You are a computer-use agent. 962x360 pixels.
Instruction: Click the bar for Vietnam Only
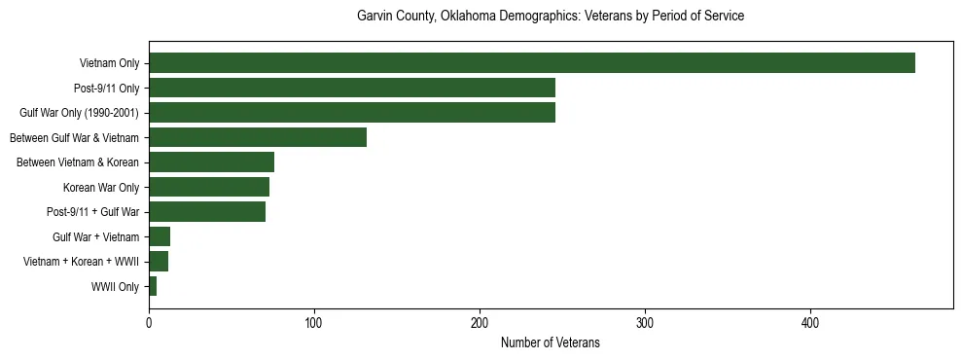coord(531,63)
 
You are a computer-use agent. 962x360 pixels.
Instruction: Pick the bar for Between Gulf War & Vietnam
coord(258,137)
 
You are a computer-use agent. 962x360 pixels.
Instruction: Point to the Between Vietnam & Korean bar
coord(211,162)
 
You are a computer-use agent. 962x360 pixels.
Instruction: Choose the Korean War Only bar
coord(209,187)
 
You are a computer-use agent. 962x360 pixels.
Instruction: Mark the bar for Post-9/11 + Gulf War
coord(207,212)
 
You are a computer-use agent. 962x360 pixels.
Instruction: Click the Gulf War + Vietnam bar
coord(160,236)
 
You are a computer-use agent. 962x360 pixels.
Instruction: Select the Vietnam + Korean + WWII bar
coord(159,262)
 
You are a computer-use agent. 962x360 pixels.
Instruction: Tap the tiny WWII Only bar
coord(153,286)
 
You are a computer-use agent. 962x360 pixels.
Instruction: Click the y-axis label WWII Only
coord(115,287)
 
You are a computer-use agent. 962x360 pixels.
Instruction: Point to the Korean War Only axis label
coord(101,188)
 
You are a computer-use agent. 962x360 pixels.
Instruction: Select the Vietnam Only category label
coord(109,64)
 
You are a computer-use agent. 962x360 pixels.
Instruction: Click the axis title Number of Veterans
coord(550,343)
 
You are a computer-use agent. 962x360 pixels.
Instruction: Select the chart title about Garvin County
coord(550,17)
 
